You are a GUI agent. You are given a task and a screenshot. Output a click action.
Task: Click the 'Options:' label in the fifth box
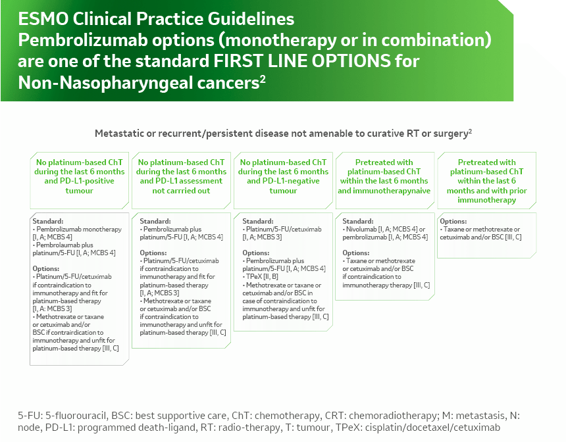click(x=453, y=221)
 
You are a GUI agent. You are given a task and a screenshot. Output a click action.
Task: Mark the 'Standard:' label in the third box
click(x=256, y=221)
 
